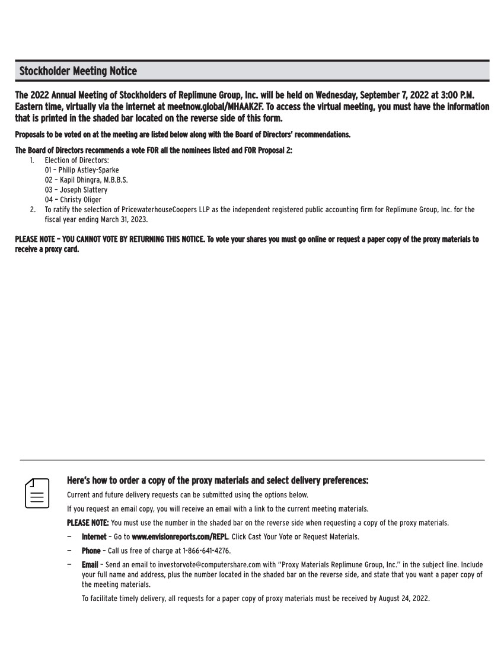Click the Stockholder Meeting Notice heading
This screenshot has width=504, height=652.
pos(78,71)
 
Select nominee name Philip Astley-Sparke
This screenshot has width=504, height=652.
pos(88,170)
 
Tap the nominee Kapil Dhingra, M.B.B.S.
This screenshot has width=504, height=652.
pos(93,180)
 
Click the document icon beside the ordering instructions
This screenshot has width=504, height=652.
pos(37,493)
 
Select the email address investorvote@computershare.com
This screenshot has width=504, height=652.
pos(207,565)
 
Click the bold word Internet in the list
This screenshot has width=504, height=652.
pos(94,537)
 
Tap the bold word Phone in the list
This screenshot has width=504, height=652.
pos(91,551)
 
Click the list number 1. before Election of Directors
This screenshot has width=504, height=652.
pos(33,160)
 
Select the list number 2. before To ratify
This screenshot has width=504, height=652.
pos(33,210)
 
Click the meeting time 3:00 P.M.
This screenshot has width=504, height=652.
pos(458,95)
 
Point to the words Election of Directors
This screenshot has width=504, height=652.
pos(76,160)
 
